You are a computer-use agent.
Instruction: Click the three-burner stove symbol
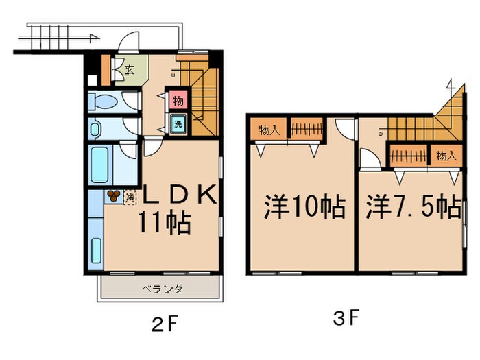tap(113, 197)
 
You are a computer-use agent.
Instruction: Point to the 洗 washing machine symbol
tap(178, 125)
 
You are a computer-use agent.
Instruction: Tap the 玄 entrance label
tap(129, 68)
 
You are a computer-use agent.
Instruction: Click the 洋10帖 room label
tap(304, 206)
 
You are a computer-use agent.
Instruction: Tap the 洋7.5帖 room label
tap(412, 206)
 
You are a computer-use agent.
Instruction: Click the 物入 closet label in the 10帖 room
tap(268, 129)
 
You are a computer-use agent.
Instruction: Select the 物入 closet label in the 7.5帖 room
tap(446, 156)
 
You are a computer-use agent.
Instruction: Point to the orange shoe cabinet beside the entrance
tap(106, 68)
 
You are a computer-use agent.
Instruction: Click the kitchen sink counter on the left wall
tap(95, 233)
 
